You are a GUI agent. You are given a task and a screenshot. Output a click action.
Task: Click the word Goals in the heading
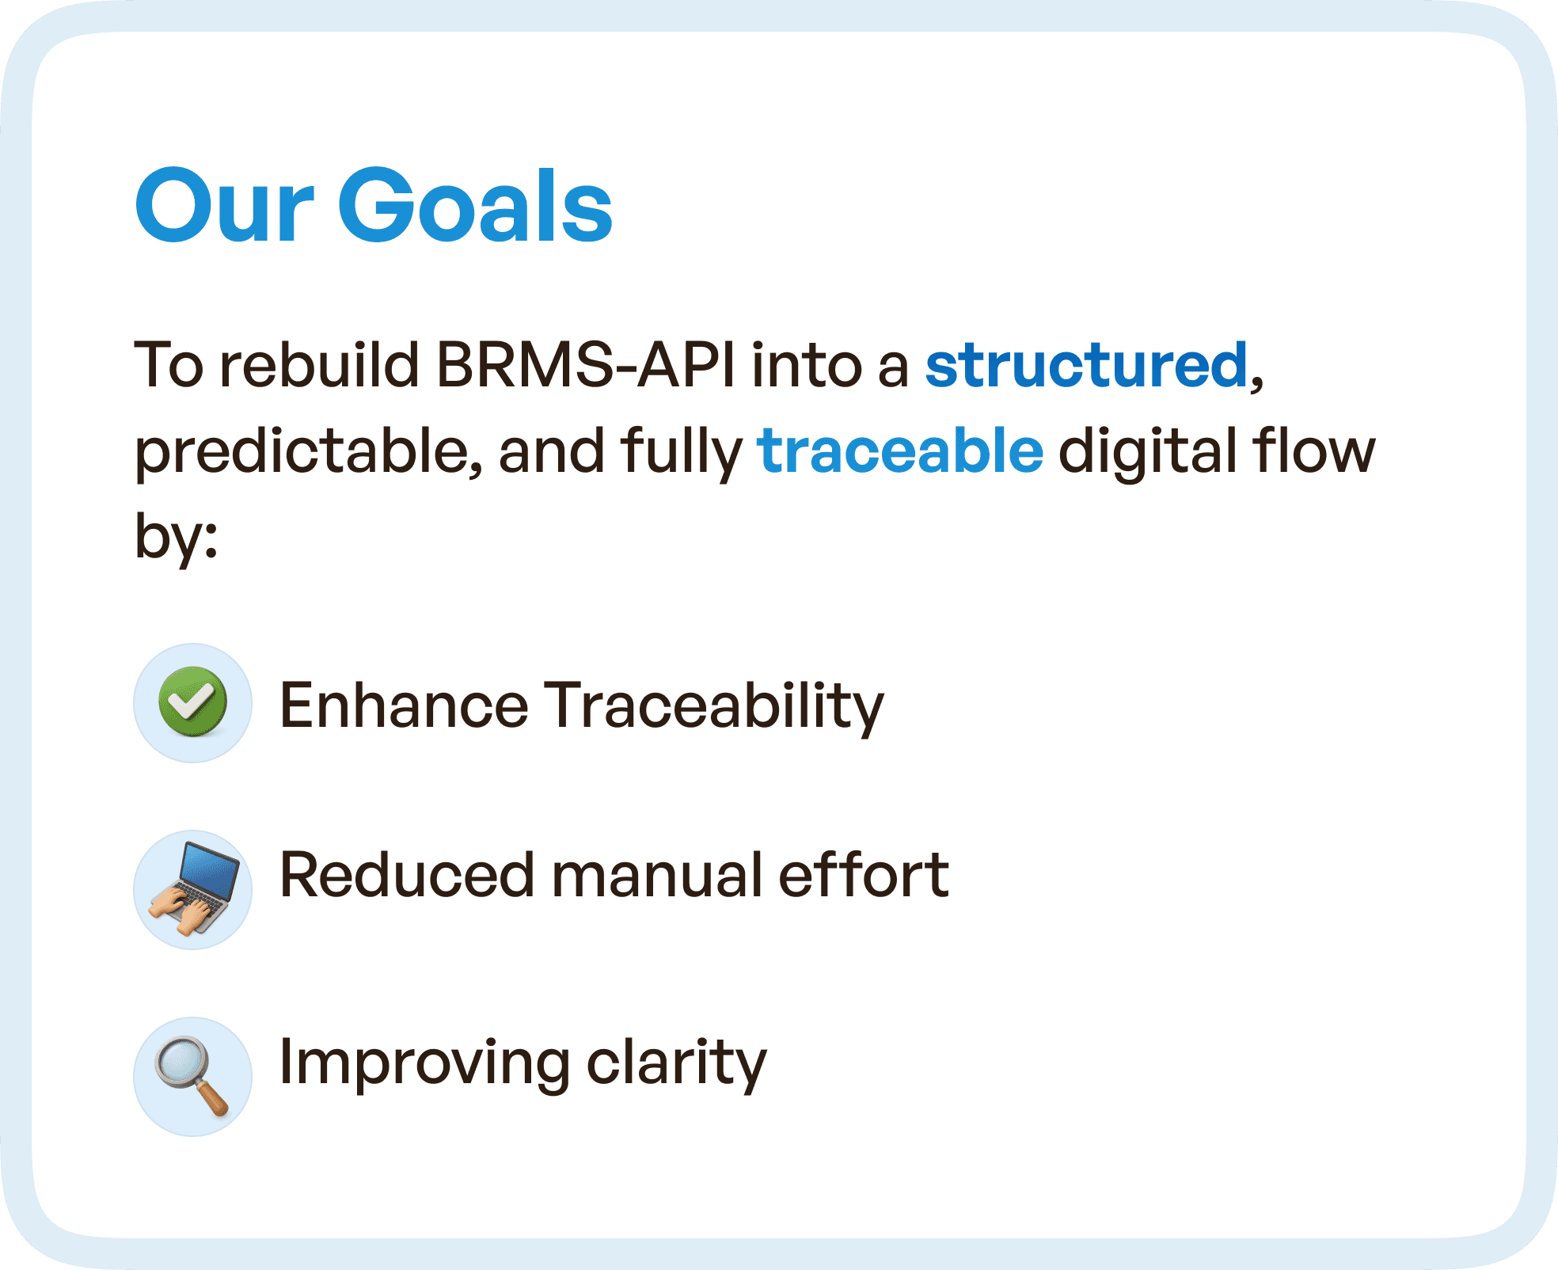[x=475, y=204]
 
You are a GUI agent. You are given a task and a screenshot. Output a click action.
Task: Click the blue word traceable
[x=901, y=450]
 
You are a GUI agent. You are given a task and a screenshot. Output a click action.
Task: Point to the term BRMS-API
[x=586, y=365]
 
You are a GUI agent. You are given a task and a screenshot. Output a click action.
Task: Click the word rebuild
[x=319, y=365]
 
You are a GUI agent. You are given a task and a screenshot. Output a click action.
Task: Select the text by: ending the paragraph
[x=176, y=537]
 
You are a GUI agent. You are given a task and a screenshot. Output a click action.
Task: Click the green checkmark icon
[x=193, y=702]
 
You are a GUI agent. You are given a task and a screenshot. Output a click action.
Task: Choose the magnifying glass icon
[x=192, y=1075]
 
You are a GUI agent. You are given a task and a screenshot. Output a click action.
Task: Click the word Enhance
[x=405, y=704]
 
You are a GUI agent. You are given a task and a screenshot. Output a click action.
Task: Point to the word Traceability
[x=715, y=706]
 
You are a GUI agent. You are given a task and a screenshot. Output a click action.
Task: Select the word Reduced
[x=408, y=874]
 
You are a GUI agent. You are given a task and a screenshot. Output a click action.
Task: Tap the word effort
[x=864, y=874]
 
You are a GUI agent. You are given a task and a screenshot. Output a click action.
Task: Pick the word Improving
[x=425, y=1064]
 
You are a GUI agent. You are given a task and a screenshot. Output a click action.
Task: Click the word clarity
[x=677, y=1064]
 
